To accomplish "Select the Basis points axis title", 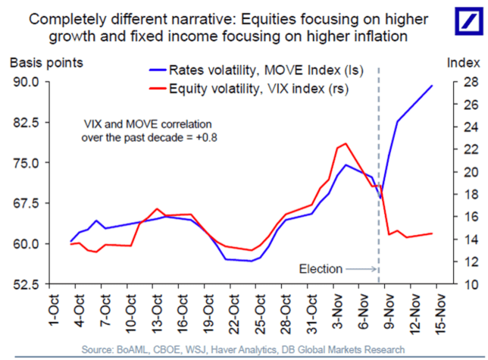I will tap(47, 62).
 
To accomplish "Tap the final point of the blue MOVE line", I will tap(432, 86).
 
